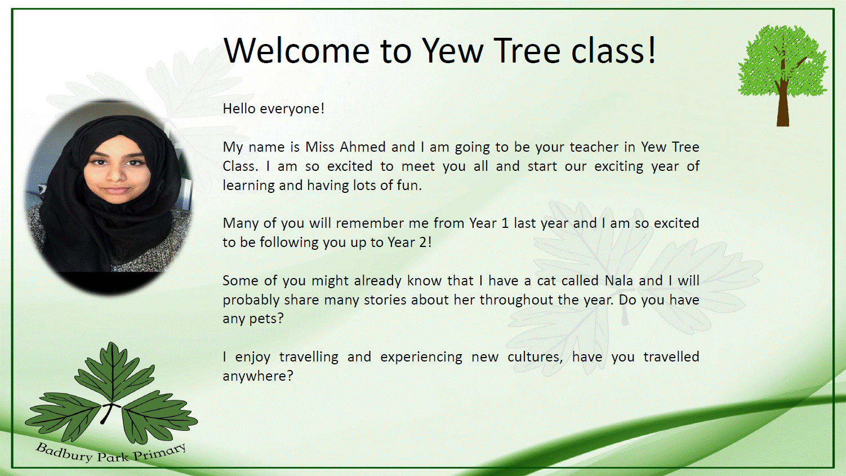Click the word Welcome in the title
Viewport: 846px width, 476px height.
click(297, 50)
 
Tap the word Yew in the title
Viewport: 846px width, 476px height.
click(452, 50)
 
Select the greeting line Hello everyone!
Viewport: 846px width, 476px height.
click(273, 109)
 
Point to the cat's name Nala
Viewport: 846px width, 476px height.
click(618, 280)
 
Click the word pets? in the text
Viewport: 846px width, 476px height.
click(266, 319)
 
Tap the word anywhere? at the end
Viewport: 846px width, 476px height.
click(258, 376)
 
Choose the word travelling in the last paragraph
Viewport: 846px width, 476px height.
click(309, 357)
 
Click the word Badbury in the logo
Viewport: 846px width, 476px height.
click(64, 452)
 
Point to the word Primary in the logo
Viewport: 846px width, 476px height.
click(159, 451)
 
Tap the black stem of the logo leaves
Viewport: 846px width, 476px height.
click(107, 413)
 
